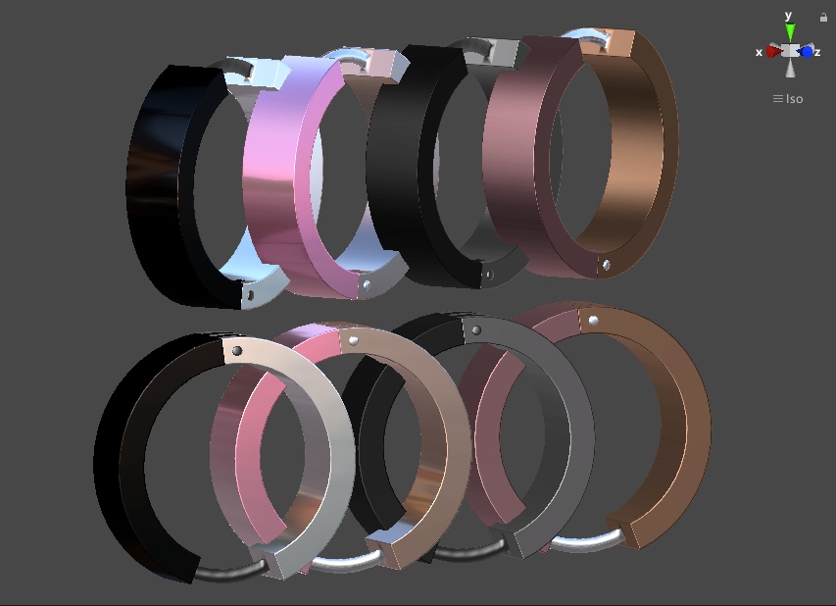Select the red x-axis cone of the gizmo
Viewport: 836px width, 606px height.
pos(773,51)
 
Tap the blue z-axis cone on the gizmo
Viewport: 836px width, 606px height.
pos(807,51)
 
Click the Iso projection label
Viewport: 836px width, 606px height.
pos(788,98)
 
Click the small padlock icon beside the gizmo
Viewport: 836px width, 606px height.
pos(823,17)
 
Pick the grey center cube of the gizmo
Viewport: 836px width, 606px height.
pos(790,51)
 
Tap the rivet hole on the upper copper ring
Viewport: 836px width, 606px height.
pos(607,265)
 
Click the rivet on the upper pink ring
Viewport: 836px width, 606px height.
pos(366,283)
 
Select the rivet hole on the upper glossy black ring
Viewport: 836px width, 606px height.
pos(250,293)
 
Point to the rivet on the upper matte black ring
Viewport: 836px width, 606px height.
pos(488,275)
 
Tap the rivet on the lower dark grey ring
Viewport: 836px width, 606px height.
pos(476,330)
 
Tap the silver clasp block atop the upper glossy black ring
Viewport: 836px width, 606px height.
pos(264,73)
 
